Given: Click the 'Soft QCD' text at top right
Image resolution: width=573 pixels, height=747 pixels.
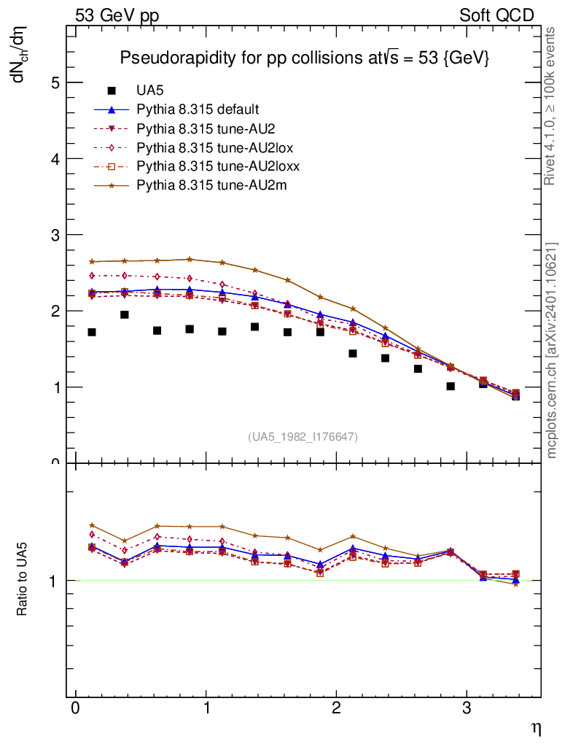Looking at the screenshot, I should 496,15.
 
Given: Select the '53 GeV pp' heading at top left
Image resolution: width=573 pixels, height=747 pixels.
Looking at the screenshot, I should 117,15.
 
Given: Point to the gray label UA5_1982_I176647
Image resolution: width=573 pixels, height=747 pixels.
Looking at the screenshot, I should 303,437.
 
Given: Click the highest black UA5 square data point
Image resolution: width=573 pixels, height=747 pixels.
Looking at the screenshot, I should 125,314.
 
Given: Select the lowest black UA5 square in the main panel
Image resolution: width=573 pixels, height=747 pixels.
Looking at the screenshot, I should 515,396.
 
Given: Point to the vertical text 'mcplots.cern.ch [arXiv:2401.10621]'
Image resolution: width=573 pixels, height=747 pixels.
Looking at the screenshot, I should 552,350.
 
